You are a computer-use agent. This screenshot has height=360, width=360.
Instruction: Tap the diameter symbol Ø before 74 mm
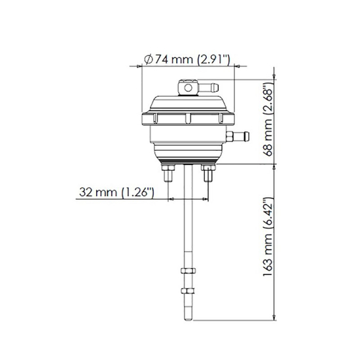pos(148,60)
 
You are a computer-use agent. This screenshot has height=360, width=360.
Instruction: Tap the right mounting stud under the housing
pos(208,175)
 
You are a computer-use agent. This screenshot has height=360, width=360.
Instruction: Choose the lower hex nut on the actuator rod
pos(188,290)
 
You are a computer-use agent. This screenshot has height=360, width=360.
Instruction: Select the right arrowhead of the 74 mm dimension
pos(232,66)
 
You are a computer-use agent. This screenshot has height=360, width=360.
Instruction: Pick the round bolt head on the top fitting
pos(187,86)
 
